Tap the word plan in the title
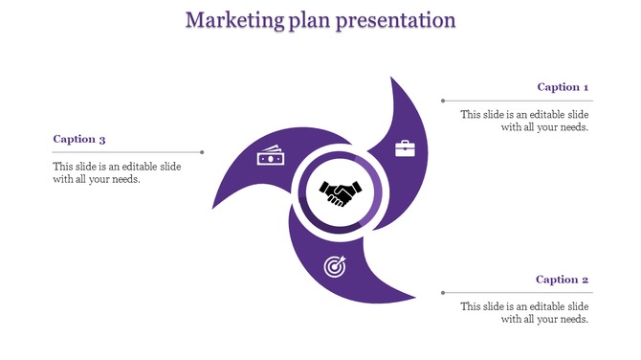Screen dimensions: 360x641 (x=307, y=21)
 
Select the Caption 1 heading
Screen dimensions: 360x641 (x=563, y=87)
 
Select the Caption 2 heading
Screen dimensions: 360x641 (x=562, y=280)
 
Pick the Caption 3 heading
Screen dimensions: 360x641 (x=79, y=139)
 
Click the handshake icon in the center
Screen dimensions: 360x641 (x=340, y=193)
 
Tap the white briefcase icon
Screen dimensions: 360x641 (x=406, y=148)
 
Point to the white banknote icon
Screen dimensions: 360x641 (x=270, y=156)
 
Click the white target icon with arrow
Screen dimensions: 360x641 (x=335, y=264)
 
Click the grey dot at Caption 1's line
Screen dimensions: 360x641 (x=442, y=100)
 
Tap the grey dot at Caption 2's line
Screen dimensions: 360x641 (x=442, y=292)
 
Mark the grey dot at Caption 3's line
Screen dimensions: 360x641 (x=202, y=152)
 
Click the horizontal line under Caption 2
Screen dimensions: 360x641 (x=518, y=292)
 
